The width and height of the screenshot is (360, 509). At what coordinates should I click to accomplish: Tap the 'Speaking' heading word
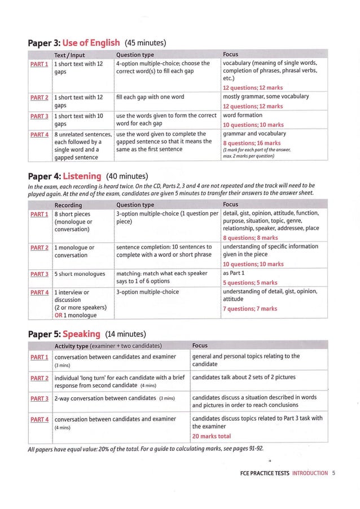[81, 334]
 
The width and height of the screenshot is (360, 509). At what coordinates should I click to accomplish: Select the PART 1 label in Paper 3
[39, 63]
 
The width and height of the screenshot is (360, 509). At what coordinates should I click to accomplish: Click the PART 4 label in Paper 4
[39, 292]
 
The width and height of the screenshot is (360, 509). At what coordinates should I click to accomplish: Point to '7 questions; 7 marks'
[249, 309]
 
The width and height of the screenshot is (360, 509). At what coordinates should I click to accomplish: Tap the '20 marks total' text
[211, 436]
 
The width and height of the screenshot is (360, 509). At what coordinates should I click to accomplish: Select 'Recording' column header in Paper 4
[68, 205]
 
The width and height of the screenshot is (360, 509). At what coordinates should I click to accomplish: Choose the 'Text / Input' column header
[69, 55]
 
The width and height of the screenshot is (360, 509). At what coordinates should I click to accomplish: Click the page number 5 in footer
[334, 473]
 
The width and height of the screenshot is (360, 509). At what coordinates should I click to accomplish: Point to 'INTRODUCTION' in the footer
[310, 473]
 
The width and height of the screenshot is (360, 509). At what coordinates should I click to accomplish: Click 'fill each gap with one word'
[152, 96]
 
